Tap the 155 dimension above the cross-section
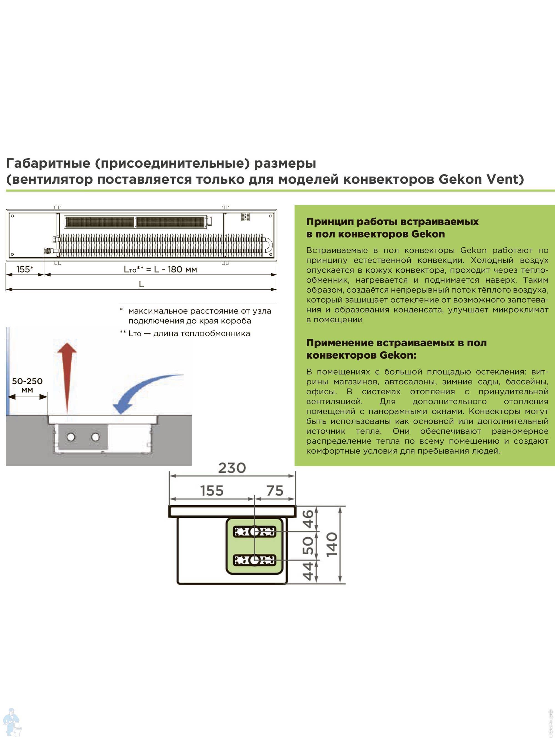click(212, 491)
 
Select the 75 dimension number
click(275, 491)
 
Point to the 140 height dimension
click(332, 545)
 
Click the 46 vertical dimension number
click(308, 518)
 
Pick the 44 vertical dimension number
click(308, 571)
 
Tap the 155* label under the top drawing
click(25, 269)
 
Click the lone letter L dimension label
click(141, 284)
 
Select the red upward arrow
click(67, 378)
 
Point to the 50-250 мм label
click(27, 385)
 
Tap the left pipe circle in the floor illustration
click(71, 437)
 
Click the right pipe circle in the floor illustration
click(95, 437)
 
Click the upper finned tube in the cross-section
click(254, 531)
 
